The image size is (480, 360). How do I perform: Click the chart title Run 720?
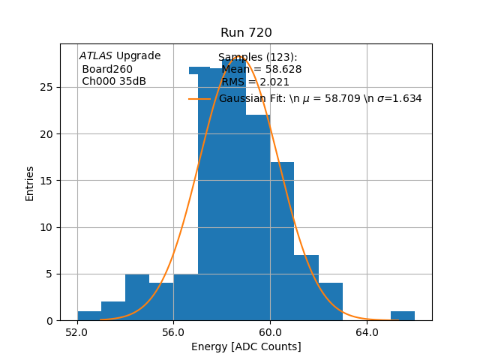point(246,33)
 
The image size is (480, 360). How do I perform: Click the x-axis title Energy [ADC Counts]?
point(246,346)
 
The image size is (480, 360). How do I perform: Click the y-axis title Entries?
point(30,183)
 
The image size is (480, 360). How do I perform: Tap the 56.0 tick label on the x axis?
point(173,331)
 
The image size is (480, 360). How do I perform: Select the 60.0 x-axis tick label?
point(270,331)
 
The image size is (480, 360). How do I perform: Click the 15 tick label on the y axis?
point(66,181)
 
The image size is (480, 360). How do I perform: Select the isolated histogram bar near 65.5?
point(403,316)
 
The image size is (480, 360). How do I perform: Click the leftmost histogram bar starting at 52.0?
point(89,316)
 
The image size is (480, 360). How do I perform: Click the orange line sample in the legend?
point(199,98)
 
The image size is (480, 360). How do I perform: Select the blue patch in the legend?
point(199,70)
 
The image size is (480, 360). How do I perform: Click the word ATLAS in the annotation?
point(95,56)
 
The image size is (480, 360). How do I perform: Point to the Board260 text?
point(107,70)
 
